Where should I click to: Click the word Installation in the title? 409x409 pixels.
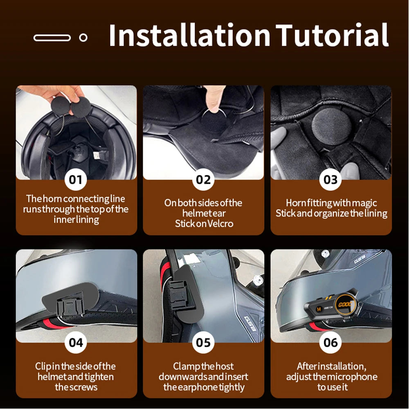point(189,36)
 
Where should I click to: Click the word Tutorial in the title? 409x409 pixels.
point(332,36)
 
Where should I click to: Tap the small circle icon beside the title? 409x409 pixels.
point(83,38)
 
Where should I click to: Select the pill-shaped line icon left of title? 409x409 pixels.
point(52,38)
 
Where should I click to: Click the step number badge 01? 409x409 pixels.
point(76,180)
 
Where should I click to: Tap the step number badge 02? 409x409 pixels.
point(203,180)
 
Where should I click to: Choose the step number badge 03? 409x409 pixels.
point(330,180)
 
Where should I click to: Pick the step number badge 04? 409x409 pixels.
point(76,342)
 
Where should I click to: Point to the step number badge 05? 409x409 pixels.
point(203,342)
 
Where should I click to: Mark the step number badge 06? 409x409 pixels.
point(330,342)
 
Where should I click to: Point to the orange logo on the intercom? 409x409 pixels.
point(344,304)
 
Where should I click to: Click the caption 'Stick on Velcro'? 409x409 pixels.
point(203,224)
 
